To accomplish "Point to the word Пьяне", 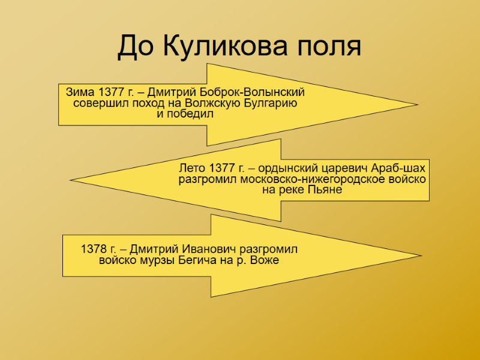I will (x=325, y=190).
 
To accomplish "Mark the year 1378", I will (x=93, y=249).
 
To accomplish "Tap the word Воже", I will (x=266, y=260).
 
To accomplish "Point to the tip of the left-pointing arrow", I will (x=71, y=179).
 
